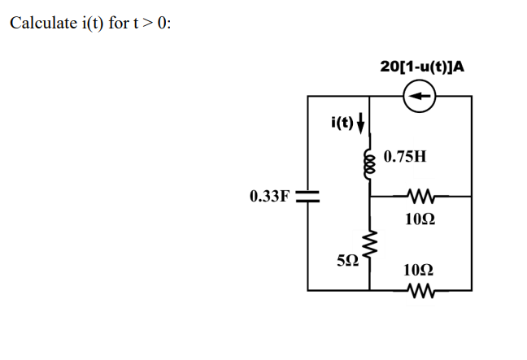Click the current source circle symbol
[x=420, y=97]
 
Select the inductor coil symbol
[x=370, y=158]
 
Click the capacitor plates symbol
[x=307, y=196]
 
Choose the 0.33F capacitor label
[x=269, y=196]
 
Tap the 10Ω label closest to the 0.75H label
[x=420, y=218]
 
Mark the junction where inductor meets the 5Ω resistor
[x=370, y=196]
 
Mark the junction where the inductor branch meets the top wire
[x=370, y=97]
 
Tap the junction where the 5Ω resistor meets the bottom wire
[x=370, y=288]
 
